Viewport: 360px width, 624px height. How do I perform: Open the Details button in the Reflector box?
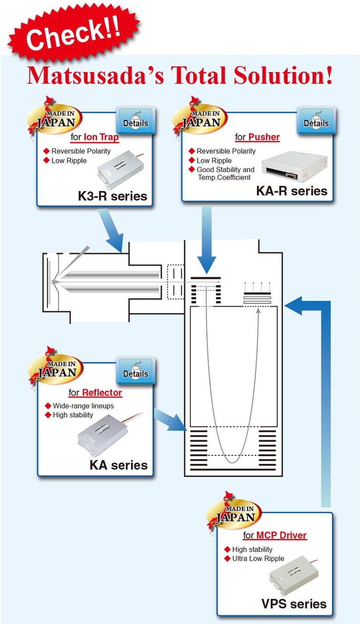[135, 370]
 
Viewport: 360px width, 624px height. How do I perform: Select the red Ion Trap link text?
[101, 137]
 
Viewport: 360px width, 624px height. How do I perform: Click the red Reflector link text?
[102, 392]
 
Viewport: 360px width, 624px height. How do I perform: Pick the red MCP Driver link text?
[281, 535]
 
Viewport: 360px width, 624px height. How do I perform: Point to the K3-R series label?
[112, 196]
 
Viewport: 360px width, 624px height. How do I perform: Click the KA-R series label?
[292, 191]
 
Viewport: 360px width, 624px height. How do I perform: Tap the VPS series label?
[294, 604]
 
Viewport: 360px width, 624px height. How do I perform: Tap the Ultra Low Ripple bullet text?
[258, 559]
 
